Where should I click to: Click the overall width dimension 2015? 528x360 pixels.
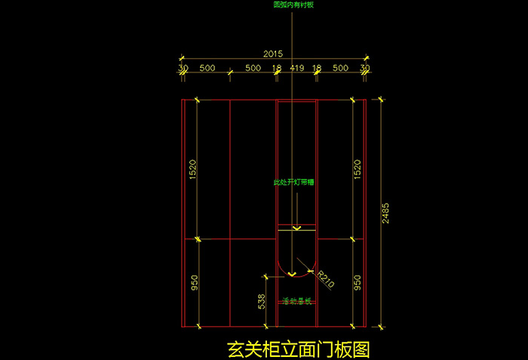(273, 54)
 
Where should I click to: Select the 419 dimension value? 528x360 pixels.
(296, 68)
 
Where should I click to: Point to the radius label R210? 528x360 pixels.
(326, 280)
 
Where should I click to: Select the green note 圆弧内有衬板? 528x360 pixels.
(293, 5)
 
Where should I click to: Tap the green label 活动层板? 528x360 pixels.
(296, 301)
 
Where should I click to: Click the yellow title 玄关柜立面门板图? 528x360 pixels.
(299, 350)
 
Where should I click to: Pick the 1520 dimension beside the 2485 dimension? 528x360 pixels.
(358, 169)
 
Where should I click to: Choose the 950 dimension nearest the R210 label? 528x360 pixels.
(358, 283)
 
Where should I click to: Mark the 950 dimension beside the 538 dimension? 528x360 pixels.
(195, 283)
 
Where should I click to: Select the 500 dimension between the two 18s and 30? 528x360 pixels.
(340, 68)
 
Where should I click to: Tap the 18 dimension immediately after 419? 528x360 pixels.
(317, 68)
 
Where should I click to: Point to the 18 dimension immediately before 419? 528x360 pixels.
(277, 68)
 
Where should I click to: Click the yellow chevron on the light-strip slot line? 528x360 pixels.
(296, 227)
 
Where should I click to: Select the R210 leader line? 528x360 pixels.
(308, 266)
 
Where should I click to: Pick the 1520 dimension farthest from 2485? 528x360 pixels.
(195, 169)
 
